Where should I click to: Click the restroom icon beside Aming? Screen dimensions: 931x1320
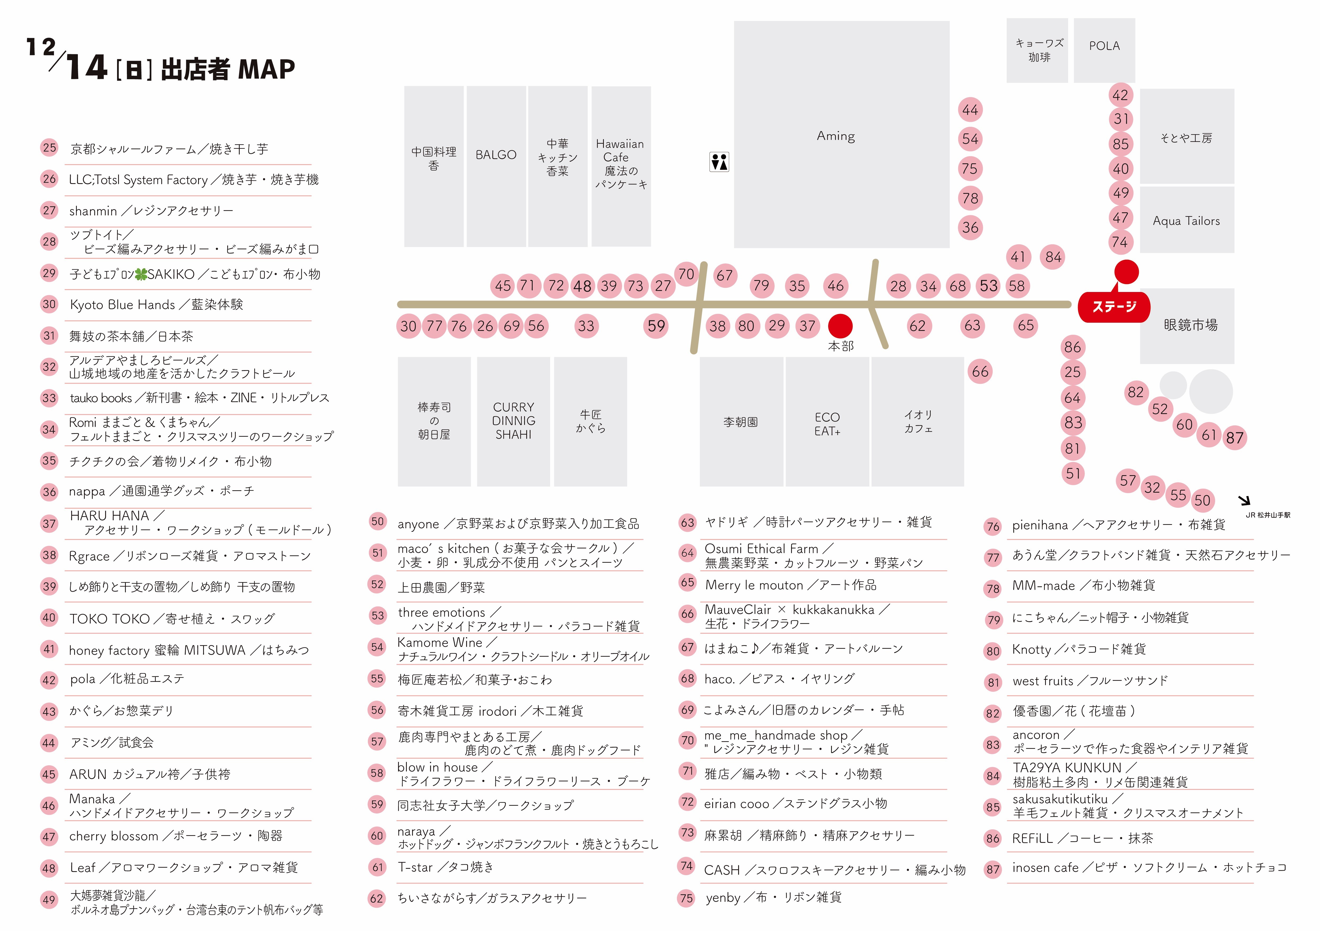719,162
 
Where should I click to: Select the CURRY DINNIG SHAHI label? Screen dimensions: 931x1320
513,421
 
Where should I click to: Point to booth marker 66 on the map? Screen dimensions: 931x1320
980,372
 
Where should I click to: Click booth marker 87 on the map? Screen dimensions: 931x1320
1234,438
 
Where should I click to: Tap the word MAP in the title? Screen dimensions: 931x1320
266,70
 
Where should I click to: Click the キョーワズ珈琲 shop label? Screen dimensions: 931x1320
1039,50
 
